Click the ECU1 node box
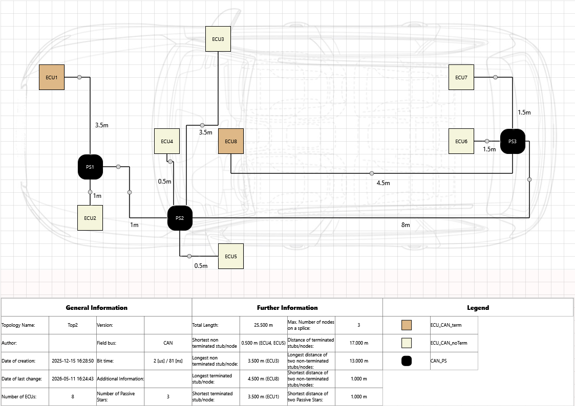(52, 77)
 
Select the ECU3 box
(218, 39)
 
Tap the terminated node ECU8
(231, 141)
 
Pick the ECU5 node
(231, 256)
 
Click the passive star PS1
(90, 167)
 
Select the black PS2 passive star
(180, 218)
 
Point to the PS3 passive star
(513, 141)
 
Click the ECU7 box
(461, 77)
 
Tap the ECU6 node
(461, 141)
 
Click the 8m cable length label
(406, 225)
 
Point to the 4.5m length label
(383, 183)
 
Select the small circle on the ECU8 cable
(372, 173)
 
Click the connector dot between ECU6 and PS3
(487, 141)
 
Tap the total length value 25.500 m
(263, 325)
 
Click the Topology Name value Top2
(73, 325)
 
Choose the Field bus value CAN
(168, 343)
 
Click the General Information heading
(97, 307)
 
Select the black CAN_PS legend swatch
(407, 361)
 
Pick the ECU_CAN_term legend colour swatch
(407, 325)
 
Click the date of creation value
(73, 361)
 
